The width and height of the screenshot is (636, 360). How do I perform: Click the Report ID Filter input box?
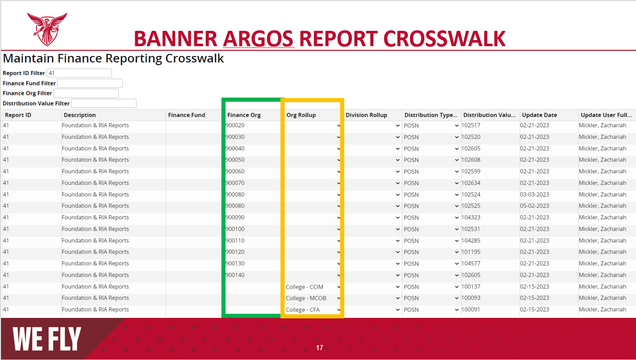[x=79, y=73]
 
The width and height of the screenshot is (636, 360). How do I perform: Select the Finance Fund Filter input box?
[x=90, y=83]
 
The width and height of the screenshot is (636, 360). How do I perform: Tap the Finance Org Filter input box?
[x=86, y=93]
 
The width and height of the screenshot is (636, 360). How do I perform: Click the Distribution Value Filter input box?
[x=104, y=104]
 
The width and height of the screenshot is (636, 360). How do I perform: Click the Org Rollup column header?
[x=301, y=115]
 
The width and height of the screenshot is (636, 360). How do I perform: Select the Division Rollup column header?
[x=366, y=115]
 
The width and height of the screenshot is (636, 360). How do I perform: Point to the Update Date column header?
[x=539, y=115]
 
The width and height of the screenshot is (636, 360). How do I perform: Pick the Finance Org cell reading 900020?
[x=235, y=125]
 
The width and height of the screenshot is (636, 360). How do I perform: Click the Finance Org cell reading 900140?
[x=235, y=275]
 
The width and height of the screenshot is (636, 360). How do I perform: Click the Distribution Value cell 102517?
[x=471, y=125]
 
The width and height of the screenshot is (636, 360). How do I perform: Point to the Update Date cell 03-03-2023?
[x=534, y=195]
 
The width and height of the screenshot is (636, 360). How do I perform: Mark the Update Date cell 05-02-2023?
[x=534, y=206]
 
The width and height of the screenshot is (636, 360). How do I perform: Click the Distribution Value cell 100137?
[x=471, y=287]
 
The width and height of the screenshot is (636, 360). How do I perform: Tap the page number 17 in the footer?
[x=320, y=348]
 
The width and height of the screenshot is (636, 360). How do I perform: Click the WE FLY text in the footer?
[x=47, y=339]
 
